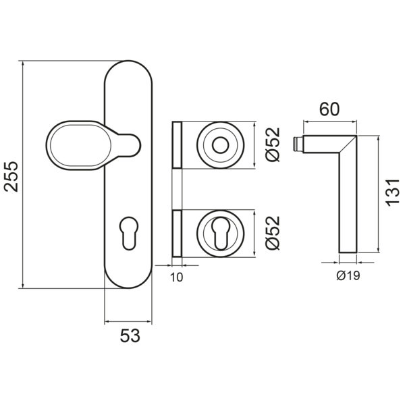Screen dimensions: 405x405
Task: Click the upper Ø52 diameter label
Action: click(271, 145)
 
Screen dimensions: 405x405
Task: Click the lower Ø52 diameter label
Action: click(271, 233)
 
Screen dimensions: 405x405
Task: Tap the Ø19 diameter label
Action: click(346, 275)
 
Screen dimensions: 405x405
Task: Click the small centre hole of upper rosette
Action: click(219, 145)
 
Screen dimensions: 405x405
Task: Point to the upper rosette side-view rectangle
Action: click(178, 145)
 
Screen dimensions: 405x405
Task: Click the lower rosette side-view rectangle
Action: click(178, 234)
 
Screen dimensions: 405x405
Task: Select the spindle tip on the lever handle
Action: click(298, 143)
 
